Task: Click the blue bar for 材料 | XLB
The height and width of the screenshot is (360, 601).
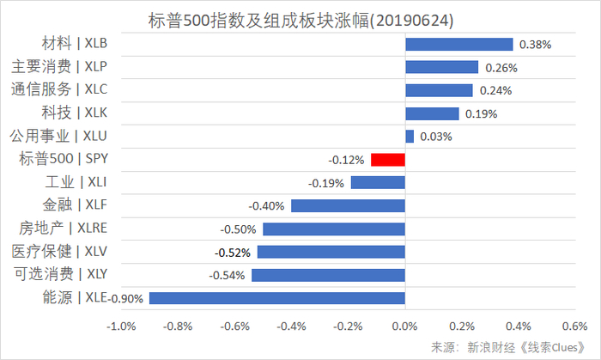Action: coord(458,44)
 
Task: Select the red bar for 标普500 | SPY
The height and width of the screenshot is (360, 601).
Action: coord(387,160)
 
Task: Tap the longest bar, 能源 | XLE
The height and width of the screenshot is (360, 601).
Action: coord(276,298)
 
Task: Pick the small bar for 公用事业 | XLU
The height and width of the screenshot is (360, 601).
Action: coord(410,137)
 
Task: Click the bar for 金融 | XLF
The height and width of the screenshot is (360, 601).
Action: coord(348,206)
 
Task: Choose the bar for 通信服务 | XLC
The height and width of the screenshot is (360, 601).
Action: coord(439,90)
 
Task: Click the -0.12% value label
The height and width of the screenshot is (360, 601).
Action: coord(346,160)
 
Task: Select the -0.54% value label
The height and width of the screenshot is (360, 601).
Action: coord(227,275)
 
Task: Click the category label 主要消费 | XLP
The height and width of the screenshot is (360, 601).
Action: coord(72,66)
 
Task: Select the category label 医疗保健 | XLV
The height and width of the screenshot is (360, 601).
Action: coord(72,252)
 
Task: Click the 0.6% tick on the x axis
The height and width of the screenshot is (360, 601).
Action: coord(574,327)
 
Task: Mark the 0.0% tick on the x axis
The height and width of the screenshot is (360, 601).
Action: coord(404,327)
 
